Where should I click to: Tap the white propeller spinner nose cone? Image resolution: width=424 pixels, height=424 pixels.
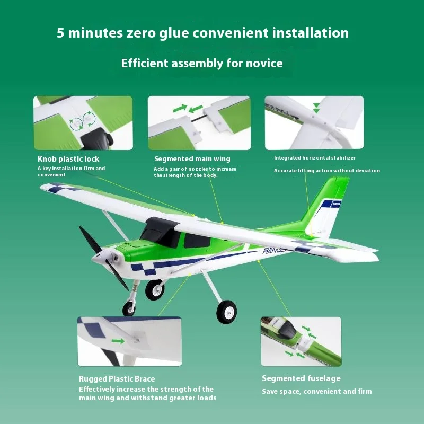pyautogui.click(x=99, y=258)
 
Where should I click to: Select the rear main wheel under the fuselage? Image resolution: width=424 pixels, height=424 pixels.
pyautogui.click(x=226, y=311)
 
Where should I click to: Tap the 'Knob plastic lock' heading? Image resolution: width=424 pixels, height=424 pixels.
pyautogui.click(x=68, y=159)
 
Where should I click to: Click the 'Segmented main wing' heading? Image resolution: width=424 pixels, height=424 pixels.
pyautogui.click(x=192, y=159)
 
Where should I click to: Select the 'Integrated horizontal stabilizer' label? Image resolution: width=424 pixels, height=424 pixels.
pyautogui.click(x=315, y=158)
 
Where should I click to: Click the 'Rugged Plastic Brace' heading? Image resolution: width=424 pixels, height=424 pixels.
pyautogui.click(x=117, y=379)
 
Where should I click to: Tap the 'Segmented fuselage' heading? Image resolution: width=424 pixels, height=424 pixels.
pyautogui.click(x=301, y=378)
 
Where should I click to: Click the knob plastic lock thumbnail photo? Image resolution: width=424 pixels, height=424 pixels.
pyautogui.click(x=83, y=123)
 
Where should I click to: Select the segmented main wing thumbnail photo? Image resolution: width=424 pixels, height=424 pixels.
pyautogui.click(x=199, y=123)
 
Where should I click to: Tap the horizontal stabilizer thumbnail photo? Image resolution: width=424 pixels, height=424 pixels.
pyautogui.click(x=314, y=122)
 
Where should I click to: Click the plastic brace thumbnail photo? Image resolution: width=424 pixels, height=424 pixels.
pyautogui.click(x=129, y=341)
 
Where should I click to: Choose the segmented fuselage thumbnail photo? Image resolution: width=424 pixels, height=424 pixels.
pyautogui.click(x=301, y=341)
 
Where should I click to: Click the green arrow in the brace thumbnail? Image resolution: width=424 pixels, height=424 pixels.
pyautogui.click(x=119, y=341)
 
